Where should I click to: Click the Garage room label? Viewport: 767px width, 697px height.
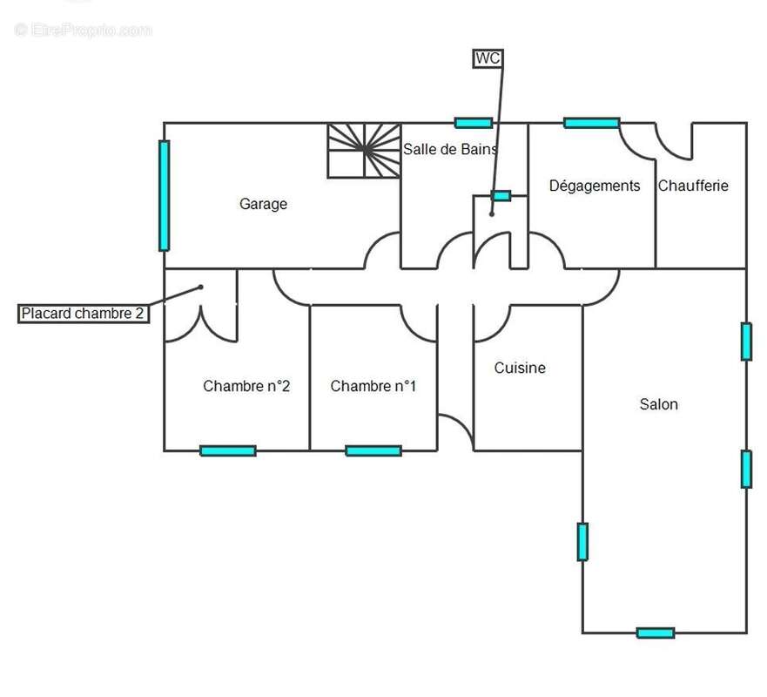(x=263, y=204)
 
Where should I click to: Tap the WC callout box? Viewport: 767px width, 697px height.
(x=488, y=58)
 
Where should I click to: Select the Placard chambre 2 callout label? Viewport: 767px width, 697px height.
(x=84, y=314)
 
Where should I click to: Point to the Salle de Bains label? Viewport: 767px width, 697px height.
(x=450, y=149)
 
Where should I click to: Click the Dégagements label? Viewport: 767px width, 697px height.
(x=595, y=186)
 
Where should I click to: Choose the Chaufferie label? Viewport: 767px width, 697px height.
(x=693, y=186)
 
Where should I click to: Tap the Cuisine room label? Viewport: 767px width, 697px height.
(x=520, y=368)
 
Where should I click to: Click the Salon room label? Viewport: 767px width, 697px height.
(x=658, y=404)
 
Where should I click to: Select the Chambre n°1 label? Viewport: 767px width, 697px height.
(x=373, y=386)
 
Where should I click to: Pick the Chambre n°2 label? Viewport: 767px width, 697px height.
(x=246, y=386)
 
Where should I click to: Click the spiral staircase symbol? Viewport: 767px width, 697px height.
(x=365, y=150)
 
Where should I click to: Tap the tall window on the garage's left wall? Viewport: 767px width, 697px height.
(x=164, y=196)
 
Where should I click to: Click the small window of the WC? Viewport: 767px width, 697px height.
(x=501, y=196)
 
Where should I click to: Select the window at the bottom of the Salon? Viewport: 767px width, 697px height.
(x=656, y=633)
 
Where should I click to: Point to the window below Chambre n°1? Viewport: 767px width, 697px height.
(x=373, y=450)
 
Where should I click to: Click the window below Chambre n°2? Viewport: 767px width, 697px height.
(x=228, y=450)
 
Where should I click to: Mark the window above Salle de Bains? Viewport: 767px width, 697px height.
(x=474, y=123)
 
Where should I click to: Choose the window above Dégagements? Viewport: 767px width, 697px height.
(x=592, y=123)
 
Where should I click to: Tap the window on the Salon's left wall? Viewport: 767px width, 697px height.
(x=582, y=542)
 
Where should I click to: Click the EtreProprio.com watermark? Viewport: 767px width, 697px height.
(x=84, y=30)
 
